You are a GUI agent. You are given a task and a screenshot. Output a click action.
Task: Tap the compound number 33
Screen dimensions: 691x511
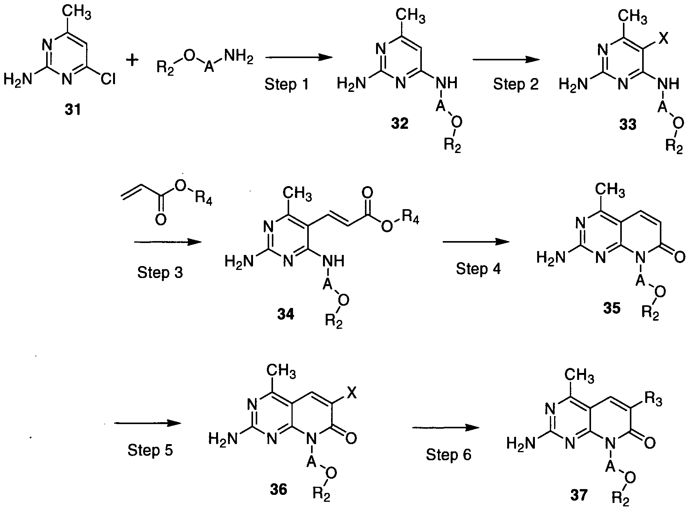[x=628, y=124]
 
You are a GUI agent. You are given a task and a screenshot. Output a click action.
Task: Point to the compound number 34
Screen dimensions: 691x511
[x=285, y=315]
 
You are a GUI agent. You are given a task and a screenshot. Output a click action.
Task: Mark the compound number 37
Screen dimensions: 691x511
[x=579, y=495]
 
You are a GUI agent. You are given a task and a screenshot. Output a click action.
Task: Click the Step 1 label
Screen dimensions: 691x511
[x=286, y=84]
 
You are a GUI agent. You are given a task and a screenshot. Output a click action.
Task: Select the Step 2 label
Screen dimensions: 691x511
[x=516, y=84]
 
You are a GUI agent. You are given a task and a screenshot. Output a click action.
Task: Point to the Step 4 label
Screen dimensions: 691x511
[x=478, y=268]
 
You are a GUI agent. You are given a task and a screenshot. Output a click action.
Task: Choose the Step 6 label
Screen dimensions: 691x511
[x=448, y=455]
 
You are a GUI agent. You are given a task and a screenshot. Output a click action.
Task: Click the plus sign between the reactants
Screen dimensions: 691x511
[x=132, y=60]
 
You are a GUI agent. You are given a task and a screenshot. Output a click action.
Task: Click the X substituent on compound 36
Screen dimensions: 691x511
[x=351, y=393]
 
